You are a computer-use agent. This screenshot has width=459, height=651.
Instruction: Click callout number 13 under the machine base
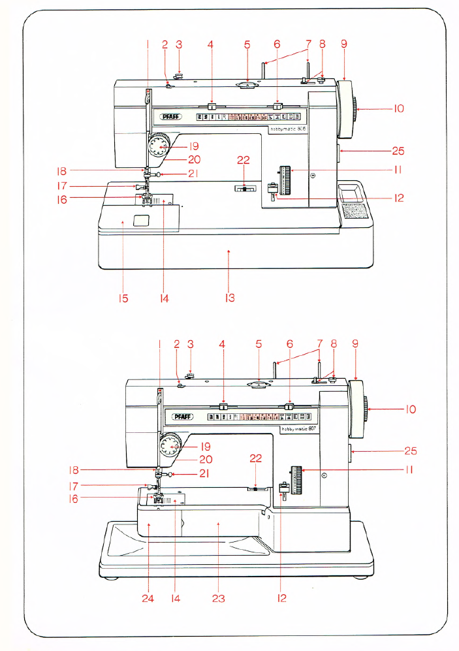[229, 298]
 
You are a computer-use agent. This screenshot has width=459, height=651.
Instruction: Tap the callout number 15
[123, 298]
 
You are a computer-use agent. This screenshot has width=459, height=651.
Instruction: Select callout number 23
[218, 597]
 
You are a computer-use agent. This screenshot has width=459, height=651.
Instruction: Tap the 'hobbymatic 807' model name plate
[298, 429]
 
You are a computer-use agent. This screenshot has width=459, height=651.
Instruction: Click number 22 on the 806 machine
[244, 178]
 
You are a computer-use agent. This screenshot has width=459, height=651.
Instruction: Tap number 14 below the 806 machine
[165, 298]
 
